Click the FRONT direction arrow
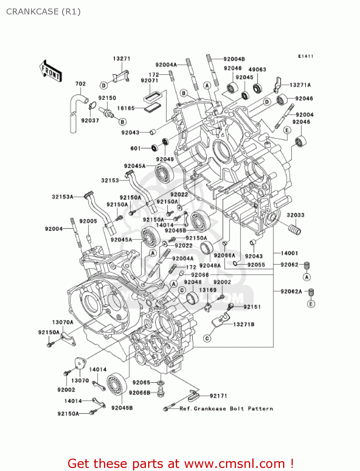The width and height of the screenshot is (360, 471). (51, 71)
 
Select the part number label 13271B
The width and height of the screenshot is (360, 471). (244, 324)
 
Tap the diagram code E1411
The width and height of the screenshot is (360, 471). (305, 56)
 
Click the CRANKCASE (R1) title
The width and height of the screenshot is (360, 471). (43, 12)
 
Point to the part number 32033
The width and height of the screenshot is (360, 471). (295, 215)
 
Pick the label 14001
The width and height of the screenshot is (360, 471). (289, 253)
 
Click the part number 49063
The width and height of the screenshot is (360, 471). (257, 69)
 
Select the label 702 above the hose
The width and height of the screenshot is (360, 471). (80, 84)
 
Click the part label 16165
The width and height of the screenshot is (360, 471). (126, 108)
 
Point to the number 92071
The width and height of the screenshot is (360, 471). (149, 81)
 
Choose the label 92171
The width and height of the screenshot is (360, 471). (218, 396)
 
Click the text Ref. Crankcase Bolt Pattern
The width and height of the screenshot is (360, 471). (226, 409)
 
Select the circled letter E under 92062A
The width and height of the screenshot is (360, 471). (311, 304)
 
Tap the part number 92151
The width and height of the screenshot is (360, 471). (252, 307)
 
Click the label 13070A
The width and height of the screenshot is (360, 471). (62, 322)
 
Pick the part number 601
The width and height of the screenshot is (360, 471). (135, 148)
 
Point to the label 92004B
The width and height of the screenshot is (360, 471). (234, 59)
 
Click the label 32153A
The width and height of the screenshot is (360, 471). (62, 197)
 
